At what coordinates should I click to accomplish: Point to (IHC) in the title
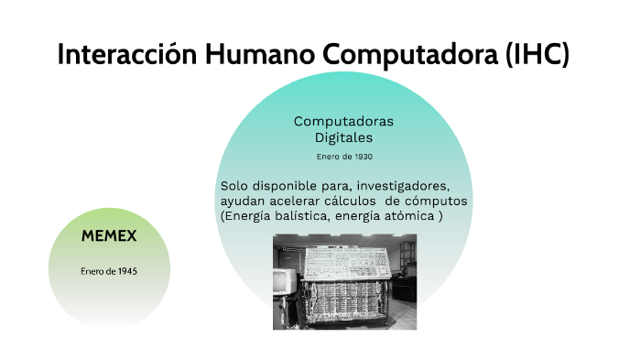(x=537, y=54)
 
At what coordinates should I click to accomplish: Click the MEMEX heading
(x=109, y=236)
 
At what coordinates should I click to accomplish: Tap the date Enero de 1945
(x=109, y=271)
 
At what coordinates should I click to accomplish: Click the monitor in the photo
(x=283, y=281)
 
